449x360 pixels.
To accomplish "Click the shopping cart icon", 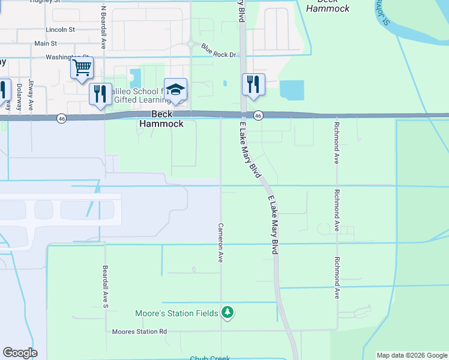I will [x=82, y=67].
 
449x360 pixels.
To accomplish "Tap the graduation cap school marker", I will [x=175, y=89].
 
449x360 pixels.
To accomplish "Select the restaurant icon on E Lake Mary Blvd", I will [x=253, y=84].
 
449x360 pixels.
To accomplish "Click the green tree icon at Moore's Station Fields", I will [x=227, y=312].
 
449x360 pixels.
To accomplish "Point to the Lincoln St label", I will [x=60, y=29].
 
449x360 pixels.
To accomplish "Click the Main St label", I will [x=46, y=44].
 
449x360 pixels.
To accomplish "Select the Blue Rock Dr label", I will [x=219, y=50].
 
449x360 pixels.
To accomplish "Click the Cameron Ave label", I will [x=220, y=243].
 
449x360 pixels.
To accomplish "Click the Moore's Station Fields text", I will [x=176, y=313].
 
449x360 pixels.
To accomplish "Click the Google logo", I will [x=20, y=353].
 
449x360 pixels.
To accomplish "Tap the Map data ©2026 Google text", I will [x=411, y=355].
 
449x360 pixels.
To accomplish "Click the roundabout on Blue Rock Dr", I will [x=190, y=44].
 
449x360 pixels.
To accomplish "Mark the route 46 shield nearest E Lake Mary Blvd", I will [x=258, y=115].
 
